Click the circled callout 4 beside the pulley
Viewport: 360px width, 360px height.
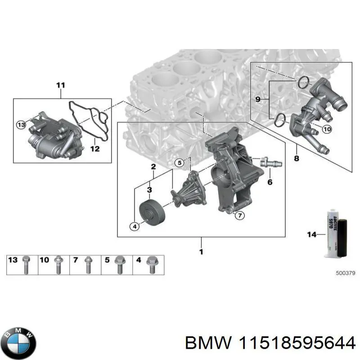(134, 227)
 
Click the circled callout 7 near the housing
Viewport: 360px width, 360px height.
(240, 216)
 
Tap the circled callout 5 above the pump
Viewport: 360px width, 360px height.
(179, 162)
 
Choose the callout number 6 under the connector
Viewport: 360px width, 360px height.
(270, 182)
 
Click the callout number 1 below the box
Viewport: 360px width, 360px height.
(201, 252)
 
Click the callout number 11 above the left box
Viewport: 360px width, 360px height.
(61, 85)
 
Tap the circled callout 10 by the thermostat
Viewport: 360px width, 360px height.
(326, 129)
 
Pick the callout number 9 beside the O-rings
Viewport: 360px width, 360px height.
(257, 99)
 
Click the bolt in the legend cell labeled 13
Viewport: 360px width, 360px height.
(27, 264)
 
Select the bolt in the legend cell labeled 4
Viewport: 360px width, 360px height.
(152, 264)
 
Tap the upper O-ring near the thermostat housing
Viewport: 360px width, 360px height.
(303, 82)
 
